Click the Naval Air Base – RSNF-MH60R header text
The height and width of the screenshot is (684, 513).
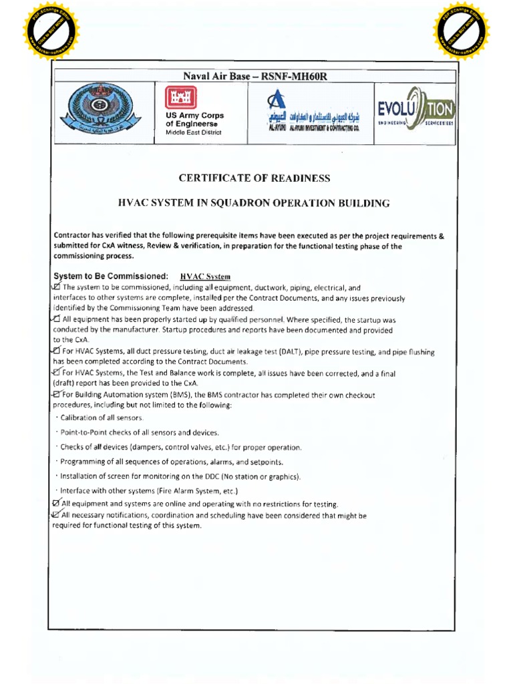coord(256,76)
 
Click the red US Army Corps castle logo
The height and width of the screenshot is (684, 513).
coord(178,98)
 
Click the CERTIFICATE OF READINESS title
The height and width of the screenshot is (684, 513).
coord(254,178)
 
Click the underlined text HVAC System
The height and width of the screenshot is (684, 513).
coord(205,276)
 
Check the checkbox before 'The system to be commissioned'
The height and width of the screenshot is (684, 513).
coord(55,287)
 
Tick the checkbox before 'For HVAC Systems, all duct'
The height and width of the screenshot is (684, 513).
coord(55,351)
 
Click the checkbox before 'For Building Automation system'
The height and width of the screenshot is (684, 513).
coord(56,395)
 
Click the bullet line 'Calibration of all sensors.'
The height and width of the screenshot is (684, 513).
coord(101,417)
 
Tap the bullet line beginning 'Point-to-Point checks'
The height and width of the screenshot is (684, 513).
coord(139,432)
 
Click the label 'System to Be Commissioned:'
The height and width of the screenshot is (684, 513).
coord(110,276)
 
